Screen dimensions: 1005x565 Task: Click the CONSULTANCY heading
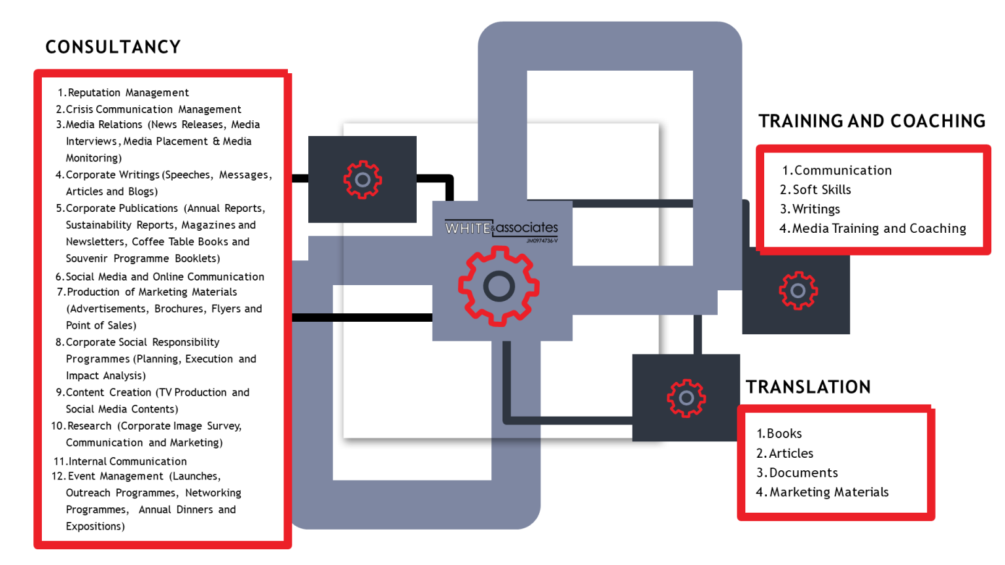[113, 47]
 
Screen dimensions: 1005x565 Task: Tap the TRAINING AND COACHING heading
[872, 121]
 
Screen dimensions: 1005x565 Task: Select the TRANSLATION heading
[808, 387]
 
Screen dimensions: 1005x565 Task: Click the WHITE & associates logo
[501, 230]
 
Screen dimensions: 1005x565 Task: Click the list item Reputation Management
[123, 93]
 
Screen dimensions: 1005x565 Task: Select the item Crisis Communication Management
[148, 109]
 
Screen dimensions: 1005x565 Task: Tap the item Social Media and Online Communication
[160, 277]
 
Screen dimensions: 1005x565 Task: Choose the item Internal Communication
[120, 462]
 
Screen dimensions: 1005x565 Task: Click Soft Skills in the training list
[815, 190]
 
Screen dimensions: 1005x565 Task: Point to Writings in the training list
[810, 209]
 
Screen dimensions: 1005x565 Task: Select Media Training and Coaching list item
[873, 228]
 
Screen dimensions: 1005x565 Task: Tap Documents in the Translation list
[797, 473]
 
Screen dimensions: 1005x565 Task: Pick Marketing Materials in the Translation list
[822, 492]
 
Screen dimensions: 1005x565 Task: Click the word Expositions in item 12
[95, 526]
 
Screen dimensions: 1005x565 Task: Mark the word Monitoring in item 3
[94, 158]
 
